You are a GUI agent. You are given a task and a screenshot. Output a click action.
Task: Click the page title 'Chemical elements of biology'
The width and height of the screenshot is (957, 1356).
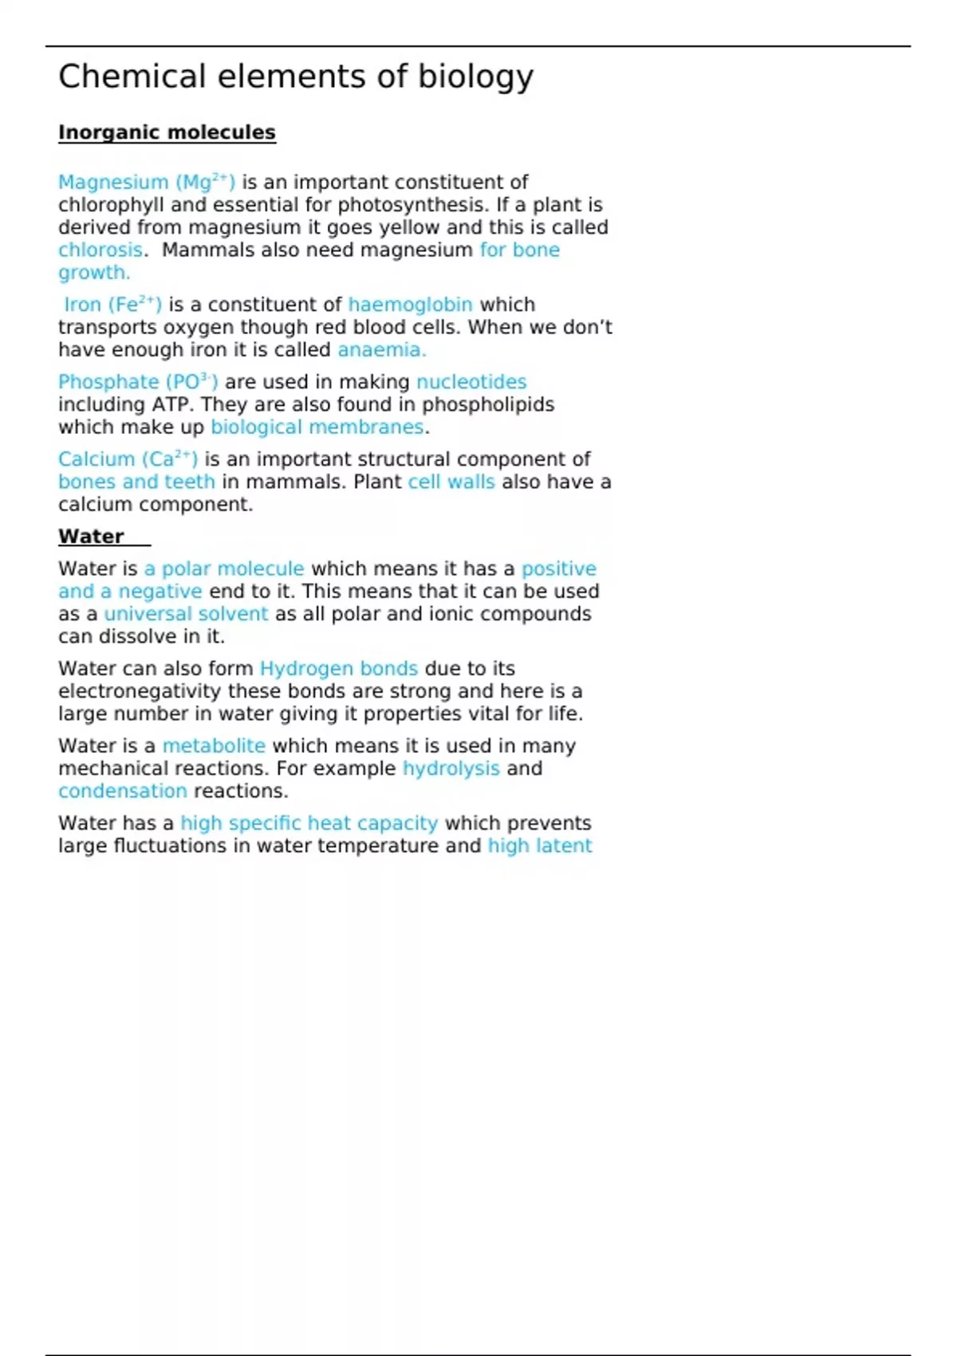295,77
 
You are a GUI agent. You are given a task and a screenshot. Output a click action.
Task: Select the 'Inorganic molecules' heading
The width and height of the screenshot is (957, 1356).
167,132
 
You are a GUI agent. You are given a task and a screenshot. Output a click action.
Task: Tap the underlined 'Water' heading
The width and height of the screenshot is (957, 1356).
92,537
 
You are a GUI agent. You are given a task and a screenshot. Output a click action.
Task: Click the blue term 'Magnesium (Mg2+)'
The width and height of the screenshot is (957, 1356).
146,183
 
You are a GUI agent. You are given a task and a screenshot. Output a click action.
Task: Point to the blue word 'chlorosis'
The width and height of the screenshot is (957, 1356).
100,250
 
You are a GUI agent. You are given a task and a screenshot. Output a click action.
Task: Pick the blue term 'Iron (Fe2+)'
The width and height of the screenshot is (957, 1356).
112,305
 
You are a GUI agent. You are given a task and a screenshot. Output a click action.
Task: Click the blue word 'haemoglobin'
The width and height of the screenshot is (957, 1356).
410,305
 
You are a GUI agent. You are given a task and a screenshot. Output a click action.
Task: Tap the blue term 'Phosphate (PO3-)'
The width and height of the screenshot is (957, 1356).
137,382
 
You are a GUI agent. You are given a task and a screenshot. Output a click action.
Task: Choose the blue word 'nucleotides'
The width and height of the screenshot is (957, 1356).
471,382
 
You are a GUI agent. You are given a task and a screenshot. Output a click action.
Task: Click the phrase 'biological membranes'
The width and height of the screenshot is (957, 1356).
317,428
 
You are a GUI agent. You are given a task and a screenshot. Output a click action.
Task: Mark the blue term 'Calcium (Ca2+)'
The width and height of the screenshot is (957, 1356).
128,459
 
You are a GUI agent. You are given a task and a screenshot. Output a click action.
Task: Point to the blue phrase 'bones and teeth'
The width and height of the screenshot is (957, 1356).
136,482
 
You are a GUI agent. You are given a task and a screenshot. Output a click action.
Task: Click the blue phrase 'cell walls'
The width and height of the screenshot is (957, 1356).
451,482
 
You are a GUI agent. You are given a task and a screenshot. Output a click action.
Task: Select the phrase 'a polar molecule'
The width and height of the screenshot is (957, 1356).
224,569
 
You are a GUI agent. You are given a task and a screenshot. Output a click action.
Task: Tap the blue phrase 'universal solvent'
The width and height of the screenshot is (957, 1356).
186,614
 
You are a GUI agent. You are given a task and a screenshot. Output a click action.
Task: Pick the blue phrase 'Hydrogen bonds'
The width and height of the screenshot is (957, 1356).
339,668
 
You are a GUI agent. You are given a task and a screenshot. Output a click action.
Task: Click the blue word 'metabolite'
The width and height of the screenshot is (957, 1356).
214,746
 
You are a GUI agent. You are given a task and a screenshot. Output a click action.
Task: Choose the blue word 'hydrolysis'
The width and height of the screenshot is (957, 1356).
451,768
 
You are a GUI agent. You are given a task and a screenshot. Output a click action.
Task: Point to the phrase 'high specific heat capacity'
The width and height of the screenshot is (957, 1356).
309,823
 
